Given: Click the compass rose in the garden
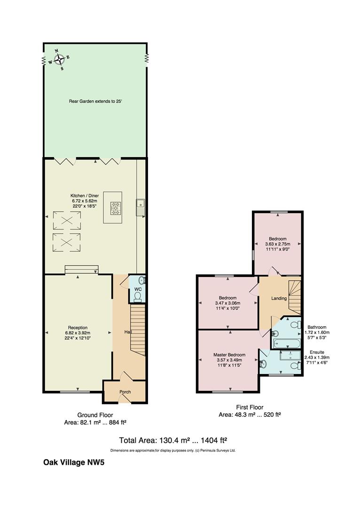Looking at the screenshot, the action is (x=59, y=60).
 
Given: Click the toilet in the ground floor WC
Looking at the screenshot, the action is (x=138, y=297).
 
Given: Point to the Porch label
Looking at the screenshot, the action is (x=125, y=392).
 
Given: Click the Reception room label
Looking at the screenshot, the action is (x=78, y=327).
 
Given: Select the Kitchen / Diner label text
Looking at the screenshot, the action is (x=85, y=196).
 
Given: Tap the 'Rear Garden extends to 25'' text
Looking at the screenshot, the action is (x=95, y=101).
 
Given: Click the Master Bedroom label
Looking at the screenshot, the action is (x=229, y=355).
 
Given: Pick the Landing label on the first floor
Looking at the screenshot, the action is (x=279, y=298).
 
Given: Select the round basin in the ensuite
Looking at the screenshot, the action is (x=263, y=364).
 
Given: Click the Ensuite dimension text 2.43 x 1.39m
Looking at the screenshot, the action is (x=317, y=357).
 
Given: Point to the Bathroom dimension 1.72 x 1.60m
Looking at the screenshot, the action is (x=317, y=333).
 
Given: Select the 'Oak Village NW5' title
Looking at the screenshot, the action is (x=74, y=462).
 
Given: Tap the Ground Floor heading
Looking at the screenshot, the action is (x=95, y=415).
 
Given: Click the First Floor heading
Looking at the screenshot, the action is (x=250, y=407).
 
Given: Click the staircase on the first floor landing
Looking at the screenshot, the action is (x=295, y=297).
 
